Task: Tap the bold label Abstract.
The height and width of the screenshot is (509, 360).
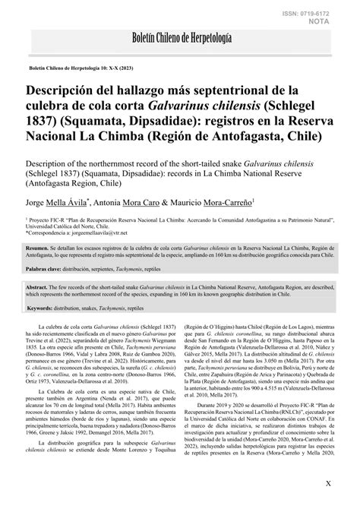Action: click(x=38, y=289)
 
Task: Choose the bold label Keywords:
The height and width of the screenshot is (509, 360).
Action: click(x=41, y=308)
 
